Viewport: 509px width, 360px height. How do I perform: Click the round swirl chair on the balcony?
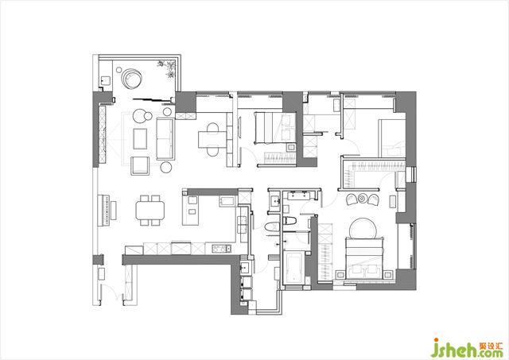131,79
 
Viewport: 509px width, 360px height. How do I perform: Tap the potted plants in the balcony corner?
168,68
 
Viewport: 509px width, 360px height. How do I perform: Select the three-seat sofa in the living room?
165,139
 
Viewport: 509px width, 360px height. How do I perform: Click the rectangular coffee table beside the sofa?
140,138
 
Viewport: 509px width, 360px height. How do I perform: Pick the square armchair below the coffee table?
140,166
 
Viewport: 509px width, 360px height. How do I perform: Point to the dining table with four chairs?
150,210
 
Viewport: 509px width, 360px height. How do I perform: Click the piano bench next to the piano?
114,210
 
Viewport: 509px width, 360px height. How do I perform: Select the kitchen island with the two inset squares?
191,210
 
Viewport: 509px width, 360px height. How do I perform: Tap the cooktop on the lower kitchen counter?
222,249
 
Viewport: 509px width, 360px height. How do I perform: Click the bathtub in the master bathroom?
293,268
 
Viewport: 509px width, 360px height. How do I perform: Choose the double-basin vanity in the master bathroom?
300,195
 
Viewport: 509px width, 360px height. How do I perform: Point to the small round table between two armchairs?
363,198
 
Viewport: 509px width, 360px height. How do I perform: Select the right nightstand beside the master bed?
388,274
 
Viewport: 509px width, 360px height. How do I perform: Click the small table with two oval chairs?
212,139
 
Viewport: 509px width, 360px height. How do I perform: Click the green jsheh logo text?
455,349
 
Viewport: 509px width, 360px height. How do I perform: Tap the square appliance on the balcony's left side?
105,80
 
